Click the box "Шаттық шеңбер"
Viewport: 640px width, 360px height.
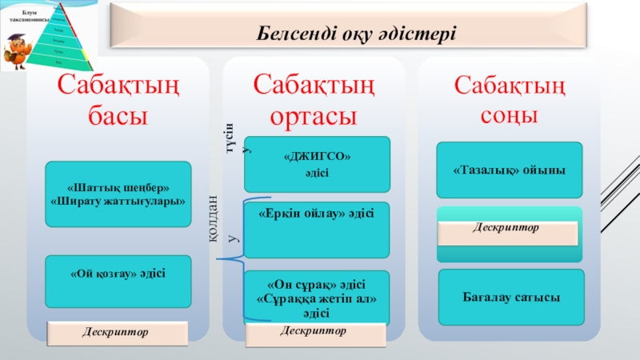[118, 194]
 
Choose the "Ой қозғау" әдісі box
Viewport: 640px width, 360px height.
[118, 274]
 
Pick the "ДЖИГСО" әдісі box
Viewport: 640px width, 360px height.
[318, 164]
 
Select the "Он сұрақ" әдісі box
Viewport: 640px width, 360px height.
[317, 298]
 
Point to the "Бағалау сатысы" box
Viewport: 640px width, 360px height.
[510, 298]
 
